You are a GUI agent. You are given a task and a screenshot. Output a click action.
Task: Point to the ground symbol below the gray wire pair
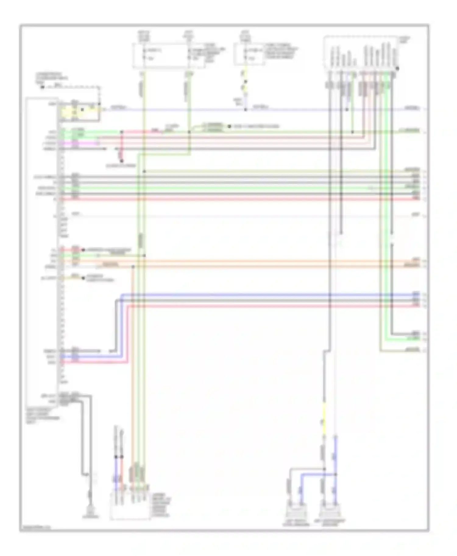[90, 513]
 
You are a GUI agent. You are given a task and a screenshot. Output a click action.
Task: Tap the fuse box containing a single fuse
[249, 54]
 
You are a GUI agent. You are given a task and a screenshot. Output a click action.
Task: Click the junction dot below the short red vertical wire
[122, 161]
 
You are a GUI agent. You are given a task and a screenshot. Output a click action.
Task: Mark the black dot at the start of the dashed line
[42, 87]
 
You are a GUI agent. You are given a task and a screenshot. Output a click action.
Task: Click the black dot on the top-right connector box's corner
[397, 69]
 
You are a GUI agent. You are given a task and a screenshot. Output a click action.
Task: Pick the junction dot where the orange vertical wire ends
[133, 267]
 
